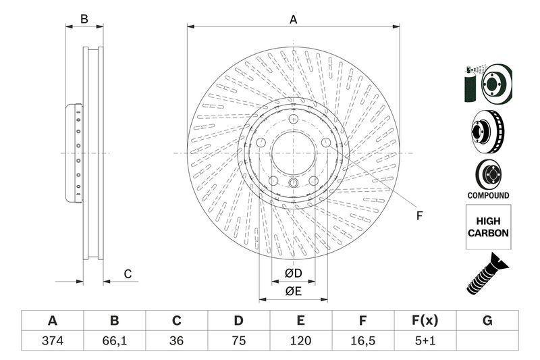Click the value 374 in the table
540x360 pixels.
[x=52, y=340]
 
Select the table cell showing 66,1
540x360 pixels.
[x=114, y=340]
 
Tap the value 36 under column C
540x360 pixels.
[x=176, y=340]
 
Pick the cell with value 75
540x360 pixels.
[x=238, y=340]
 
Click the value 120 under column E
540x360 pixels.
[x=300, y=340]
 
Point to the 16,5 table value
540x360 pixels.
[x=363, y=340]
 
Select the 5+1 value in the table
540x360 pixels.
[x=425, y=340]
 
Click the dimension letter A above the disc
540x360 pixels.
[x=294, y=20]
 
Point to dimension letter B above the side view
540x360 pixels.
[x=84, y=20]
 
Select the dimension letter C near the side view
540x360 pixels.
[x=127, y=274]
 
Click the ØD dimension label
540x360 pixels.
[x=292, y=273]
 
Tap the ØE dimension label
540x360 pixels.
[x=292, y=291]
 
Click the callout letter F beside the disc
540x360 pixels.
[x=418, y=216]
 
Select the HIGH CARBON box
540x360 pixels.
[x=487, y=227]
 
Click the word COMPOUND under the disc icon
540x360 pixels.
[x=487, y=195]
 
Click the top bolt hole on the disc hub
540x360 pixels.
[x=294, y=121]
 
